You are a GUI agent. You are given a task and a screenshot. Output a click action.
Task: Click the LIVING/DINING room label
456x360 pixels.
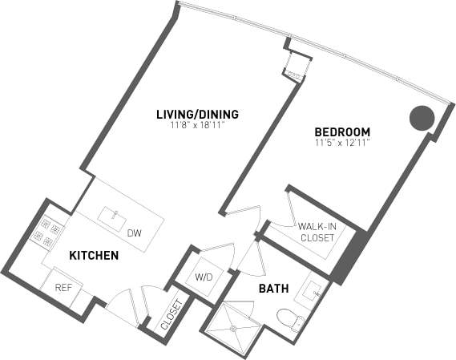coord(197,114)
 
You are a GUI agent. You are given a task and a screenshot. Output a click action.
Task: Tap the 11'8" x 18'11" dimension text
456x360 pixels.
coord(197,125)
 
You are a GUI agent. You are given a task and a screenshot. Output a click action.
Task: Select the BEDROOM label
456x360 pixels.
coord(342,132)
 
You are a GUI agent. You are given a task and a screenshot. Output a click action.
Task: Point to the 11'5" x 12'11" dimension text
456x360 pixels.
coord(342,143)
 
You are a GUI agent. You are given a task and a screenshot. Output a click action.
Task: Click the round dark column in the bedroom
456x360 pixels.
coord(422,119)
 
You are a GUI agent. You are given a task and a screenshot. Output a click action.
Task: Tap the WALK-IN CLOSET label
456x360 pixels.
coord(317,232)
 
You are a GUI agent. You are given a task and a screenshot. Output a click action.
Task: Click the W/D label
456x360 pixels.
coord(203,277)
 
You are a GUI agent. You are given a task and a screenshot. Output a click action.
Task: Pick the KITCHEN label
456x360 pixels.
coord(94,256)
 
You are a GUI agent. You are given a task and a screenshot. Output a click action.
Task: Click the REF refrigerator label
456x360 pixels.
coord(63,287)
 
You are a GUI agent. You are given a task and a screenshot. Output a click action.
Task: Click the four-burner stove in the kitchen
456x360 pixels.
coord(46,231)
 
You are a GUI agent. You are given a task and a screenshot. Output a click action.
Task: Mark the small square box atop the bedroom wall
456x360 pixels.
coord(294,66)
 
